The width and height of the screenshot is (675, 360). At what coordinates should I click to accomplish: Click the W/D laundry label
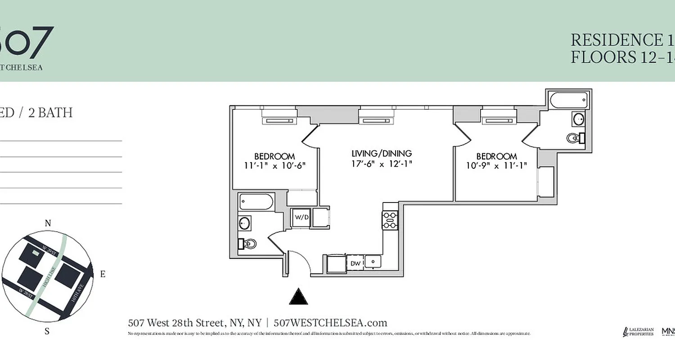coord(301,217)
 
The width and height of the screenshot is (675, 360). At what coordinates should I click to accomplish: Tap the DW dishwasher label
coord(355,263)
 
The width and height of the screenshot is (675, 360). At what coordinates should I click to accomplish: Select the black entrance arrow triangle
coord(298,297)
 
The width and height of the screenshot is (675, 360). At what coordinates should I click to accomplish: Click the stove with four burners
coord(390,220)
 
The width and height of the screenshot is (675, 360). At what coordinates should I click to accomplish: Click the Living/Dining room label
coord(382,153)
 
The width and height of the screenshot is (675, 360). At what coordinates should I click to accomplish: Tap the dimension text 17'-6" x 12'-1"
coord(382,164)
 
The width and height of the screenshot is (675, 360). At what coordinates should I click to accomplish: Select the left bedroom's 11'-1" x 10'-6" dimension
coord(274,165)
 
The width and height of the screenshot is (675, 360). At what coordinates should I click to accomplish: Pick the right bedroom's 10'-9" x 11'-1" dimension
coord(496,165)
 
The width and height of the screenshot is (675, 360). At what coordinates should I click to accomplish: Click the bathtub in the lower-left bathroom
coord(256,202)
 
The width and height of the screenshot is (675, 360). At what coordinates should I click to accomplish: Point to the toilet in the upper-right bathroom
coord(575,138)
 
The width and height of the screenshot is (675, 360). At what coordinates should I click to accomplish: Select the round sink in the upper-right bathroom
coord(579,119)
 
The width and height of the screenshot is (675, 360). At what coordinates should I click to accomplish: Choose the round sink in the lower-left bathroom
coord(245,223)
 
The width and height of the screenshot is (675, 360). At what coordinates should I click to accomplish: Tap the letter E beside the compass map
coord(103,274)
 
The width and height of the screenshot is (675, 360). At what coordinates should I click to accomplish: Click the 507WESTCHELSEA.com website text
coord(330,323)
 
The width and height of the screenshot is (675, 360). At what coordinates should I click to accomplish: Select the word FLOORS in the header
coord(602,58)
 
